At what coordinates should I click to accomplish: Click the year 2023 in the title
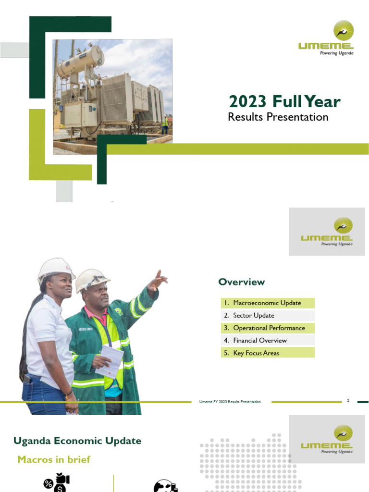coord(247,102)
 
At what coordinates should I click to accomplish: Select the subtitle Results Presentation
coord(278,117)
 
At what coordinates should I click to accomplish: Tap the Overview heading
coord(242,282)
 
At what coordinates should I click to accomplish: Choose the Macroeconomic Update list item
coord(267,303)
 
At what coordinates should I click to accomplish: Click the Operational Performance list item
coord(269,328)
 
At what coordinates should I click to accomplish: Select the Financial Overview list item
coord(260,341)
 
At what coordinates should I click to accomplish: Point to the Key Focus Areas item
coord(256,353)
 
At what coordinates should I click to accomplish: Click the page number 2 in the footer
coord(348,400)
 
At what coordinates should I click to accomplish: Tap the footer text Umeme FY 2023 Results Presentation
coord(230,402)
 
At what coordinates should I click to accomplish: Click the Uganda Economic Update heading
coord(77,441)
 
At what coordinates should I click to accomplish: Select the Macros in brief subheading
coord(54,459)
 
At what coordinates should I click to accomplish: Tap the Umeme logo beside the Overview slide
coord(327,232)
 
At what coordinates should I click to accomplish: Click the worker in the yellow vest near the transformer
coord(165,124)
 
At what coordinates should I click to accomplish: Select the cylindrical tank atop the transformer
coord(80,61)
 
